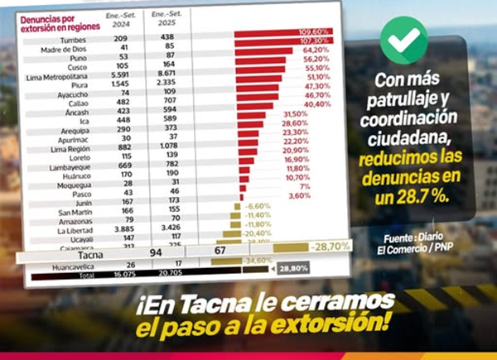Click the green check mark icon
(403, 41)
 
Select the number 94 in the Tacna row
(153, 252)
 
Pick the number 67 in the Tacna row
(220, 251)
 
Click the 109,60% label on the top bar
(315, 31)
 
